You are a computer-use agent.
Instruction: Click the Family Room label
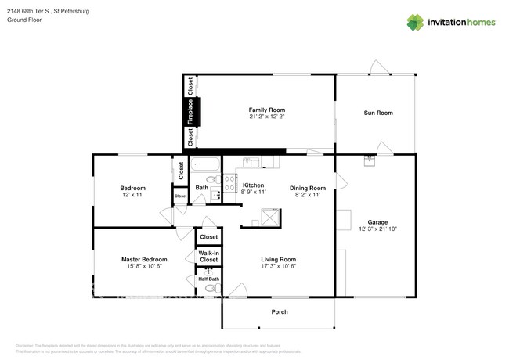coord(267,110)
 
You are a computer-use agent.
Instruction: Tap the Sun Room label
coord(377,113)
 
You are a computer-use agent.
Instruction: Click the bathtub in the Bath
coord(205,166)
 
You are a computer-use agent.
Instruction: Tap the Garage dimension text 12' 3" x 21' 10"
coord(377,229)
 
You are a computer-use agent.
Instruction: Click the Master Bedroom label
coord(144,259)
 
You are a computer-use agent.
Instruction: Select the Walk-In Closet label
coord(208,256)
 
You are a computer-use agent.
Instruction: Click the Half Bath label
coord(208,279)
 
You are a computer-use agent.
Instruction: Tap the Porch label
coord(280,312)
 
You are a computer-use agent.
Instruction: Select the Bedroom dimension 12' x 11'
coord(132,195)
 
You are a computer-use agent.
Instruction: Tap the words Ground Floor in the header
coord(24,20)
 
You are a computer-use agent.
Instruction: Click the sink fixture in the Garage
coord(369,162)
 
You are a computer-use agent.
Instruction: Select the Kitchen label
coord(254,185)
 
